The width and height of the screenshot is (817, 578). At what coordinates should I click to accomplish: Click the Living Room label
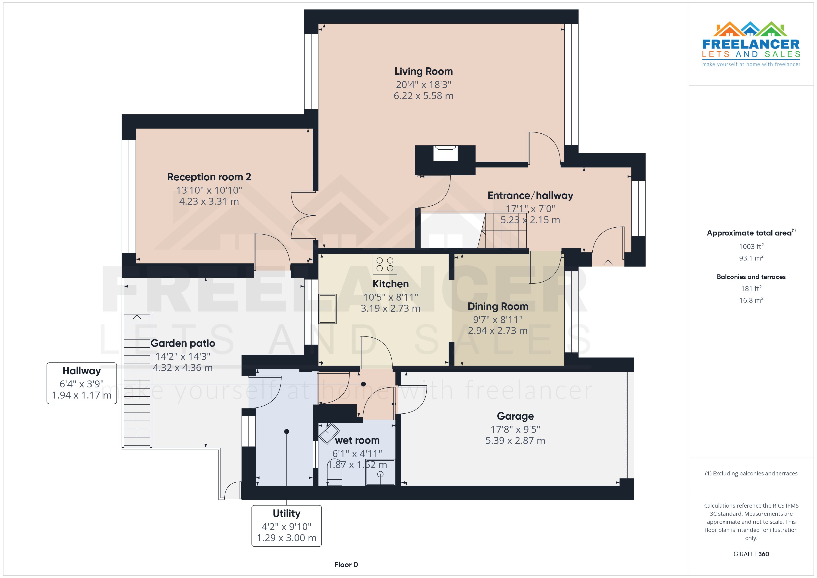pyautogui.click(x=424, y=72)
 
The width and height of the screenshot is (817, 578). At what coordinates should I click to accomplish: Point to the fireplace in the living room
pyautogui.click(x=445, y=154)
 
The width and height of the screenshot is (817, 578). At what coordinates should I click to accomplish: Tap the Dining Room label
pyautogui.click(x=497, y=306)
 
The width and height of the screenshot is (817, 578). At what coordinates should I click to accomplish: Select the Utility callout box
pyautogui.click(x=286, y=525)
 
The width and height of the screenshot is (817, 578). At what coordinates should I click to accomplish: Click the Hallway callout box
pyautogui.click(x=82, y=383)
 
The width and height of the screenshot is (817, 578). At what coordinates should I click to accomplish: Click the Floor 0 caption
pyautogui.click(x=346, y=565)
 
